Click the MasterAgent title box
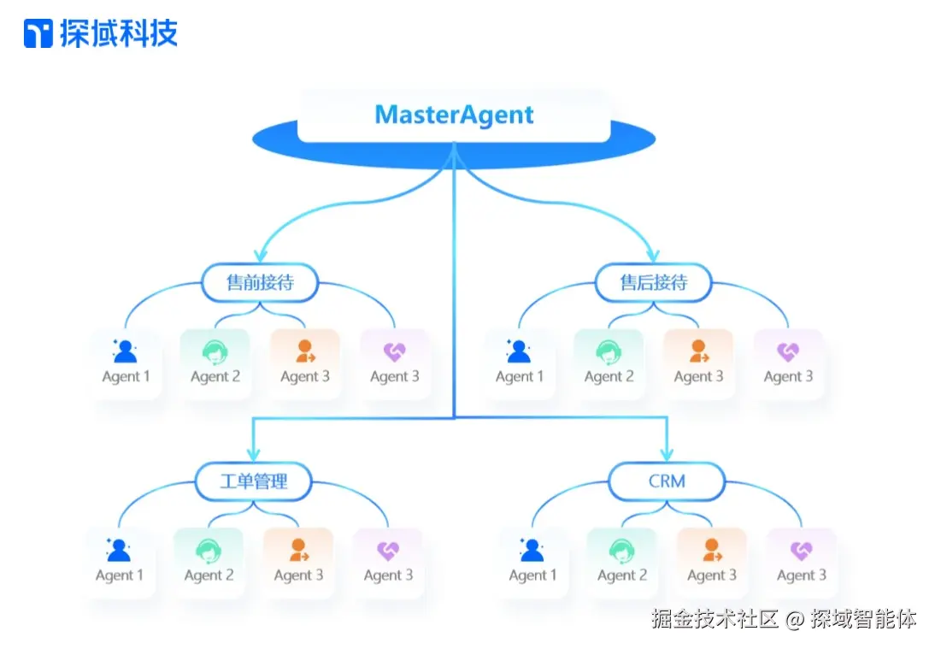[x=454, y=115]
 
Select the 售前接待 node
[x=260, y=283]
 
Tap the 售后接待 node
[x=653, y=283]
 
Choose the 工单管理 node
[x=253, y=481]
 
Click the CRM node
[x=667, y=481]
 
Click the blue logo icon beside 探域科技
[x=38, y=34]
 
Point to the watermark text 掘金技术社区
[x=714, y=618]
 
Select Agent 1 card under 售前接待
[x=126, y=363]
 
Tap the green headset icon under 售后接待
[x=609, y=351]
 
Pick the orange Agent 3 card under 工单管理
[x=298, y=562]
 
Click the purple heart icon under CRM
[x=801, y=551]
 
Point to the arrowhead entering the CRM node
[x=667, y=454]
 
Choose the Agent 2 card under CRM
[x=622, y=562]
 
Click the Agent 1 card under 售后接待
[x=520, y=363]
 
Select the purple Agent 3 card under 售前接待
[x=394, y=363]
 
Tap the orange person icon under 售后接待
[x=699, y=351]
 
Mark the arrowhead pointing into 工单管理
[x=253, y=454]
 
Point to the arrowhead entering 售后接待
[x=654, y=255]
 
